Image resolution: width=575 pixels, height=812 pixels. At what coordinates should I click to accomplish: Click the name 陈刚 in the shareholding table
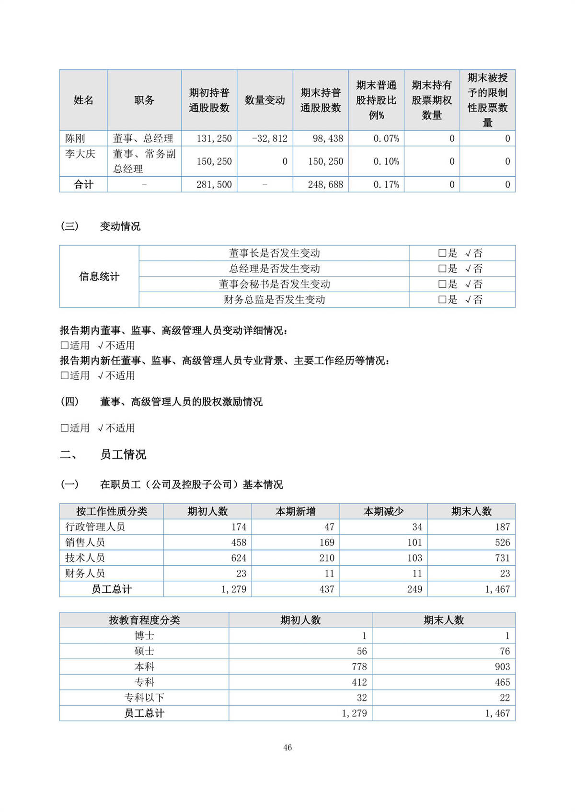click(x=75, y=138)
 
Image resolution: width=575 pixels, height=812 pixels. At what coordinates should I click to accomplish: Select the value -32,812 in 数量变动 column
click(x=270, y=138)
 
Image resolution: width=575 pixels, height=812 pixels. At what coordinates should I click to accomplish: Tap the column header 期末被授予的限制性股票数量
click(x=487, y=100)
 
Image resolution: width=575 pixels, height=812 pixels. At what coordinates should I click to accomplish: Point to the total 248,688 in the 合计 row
click(x=325, y=184)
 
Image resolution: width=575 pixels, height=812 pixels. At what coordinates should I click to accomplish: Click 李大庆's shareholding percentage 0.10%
click(x=386, y=161)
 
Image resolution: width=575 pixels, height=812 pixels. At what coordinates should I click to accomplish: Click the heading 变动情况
click(x=120, y=226)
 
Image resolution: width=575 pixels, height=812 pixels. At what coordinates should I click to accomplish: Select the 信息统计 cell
click(x=99, y=276)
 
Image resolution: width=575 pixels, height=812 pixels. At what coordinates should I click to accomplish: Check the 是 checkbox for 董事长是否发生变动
click(x=442, y=253)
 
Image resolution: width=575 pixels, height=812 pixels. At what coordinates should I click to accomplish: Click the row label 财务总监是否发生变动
click(x=274, y=300)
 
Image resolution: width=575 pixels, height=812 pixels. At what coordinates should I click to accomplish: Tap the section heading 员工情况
click(x=123, y=454)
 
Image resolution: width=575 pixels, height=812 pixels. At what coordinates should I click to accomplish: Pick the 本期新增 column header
click(x=295, y=511)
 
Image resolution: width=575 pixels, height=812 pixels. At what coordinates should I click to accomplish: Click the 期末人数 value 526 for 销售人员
click(x=502, y=542)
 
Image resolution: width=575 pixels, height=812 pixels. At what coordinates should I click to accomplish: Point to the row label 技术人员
click(x=85, y=558)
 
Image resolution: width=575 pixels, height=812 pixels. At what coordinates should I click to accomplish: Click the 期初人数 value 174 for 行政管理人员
click(x=239, y=527)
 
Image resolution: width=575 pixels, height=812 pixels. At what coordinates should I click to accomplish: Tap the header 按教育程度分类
click(x=144, y=620)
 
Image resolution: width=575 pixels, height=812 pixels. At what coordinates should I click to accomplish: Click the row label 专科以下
click(x=144, y=698)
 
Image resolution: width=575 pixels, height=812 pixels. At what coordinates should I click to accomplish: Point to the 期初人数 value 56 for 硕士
click(x=362, y=651)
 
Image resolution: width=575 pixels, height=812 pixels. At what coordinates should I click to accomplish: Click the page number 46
click(x=287, y=747)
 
